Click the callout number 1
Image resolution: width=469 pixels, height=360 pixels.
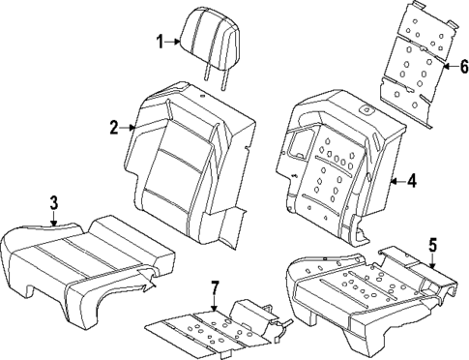pos(161,41)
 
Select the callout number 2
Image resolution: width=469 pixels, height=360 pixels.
pos(113,127)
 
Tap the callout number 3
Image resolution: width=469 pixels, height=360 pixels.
pos(54,202)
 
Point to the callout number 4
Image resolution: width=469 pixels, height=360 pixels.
pos(411,179)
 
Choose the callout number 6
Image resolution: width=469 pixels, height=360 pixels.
pos(462,66)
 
